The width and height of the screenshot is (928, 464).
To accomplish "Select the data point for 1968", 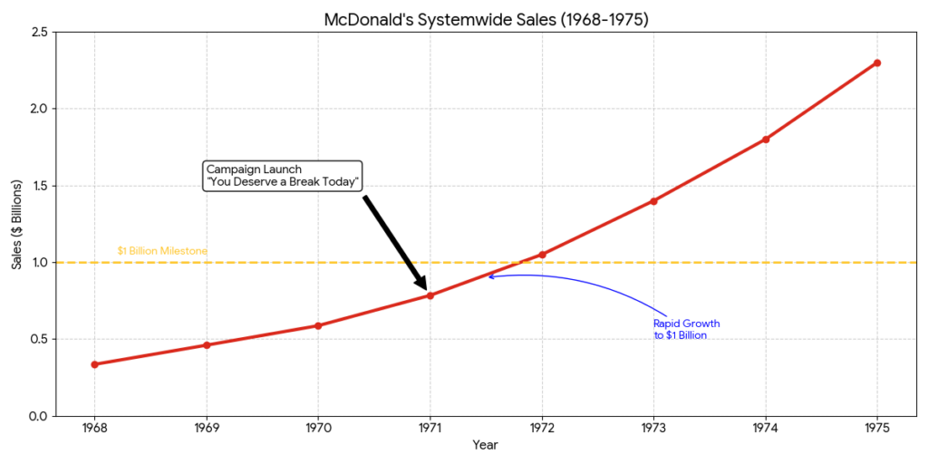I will [x=95, y=364].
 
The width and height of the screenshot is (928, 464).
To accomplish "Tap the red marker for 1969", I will [x=207, y=345].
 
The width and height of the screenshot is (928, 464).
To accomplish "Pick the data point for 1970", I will [x=318, y=325].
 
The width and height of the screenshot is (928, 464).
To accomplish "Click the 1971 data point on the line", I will [x=430, y=295].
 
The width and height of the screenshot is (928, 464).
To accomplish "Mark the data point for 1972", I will [x=542, y=255].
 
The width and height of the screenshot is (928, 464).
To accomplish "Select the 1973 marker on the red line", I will [x=653, y=201].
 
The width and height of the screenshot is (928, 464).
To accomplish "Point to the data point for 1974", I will [x=766, y=140].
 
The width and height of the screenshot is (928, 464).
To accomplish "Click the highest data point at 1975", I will [x=877, y=63].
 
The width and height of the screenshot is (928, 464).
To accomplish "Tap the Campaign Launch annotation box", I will [x=284, y=176].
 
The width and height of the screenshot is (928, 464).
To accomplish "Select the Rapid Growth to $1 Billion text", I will [x=686, y=330].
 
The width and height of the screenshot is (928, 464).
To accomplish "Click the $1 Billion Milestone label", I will [x=162, y=251].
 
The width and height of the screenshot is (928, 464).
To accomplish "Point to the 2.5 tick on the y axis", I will [x=39, y=33].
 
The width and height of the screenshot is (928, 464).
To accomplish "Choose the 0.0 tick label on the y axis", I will [x=39, y=417].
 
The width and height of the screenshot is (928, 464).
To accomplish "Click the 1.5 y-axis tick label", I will [x=39, y=186].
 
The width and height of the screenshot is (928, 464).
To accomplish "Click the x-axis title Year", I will [x=485, y=445].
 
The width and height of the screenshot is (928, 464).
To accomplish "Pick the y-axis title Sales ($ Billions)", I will [x=16, y=224].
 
